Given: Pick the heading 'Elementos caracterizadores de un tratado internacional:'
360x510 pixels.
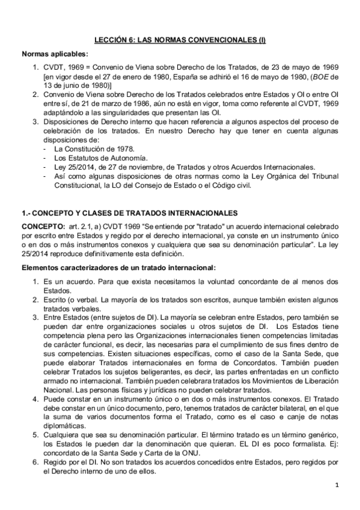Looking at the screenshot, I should coord(118,266).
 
